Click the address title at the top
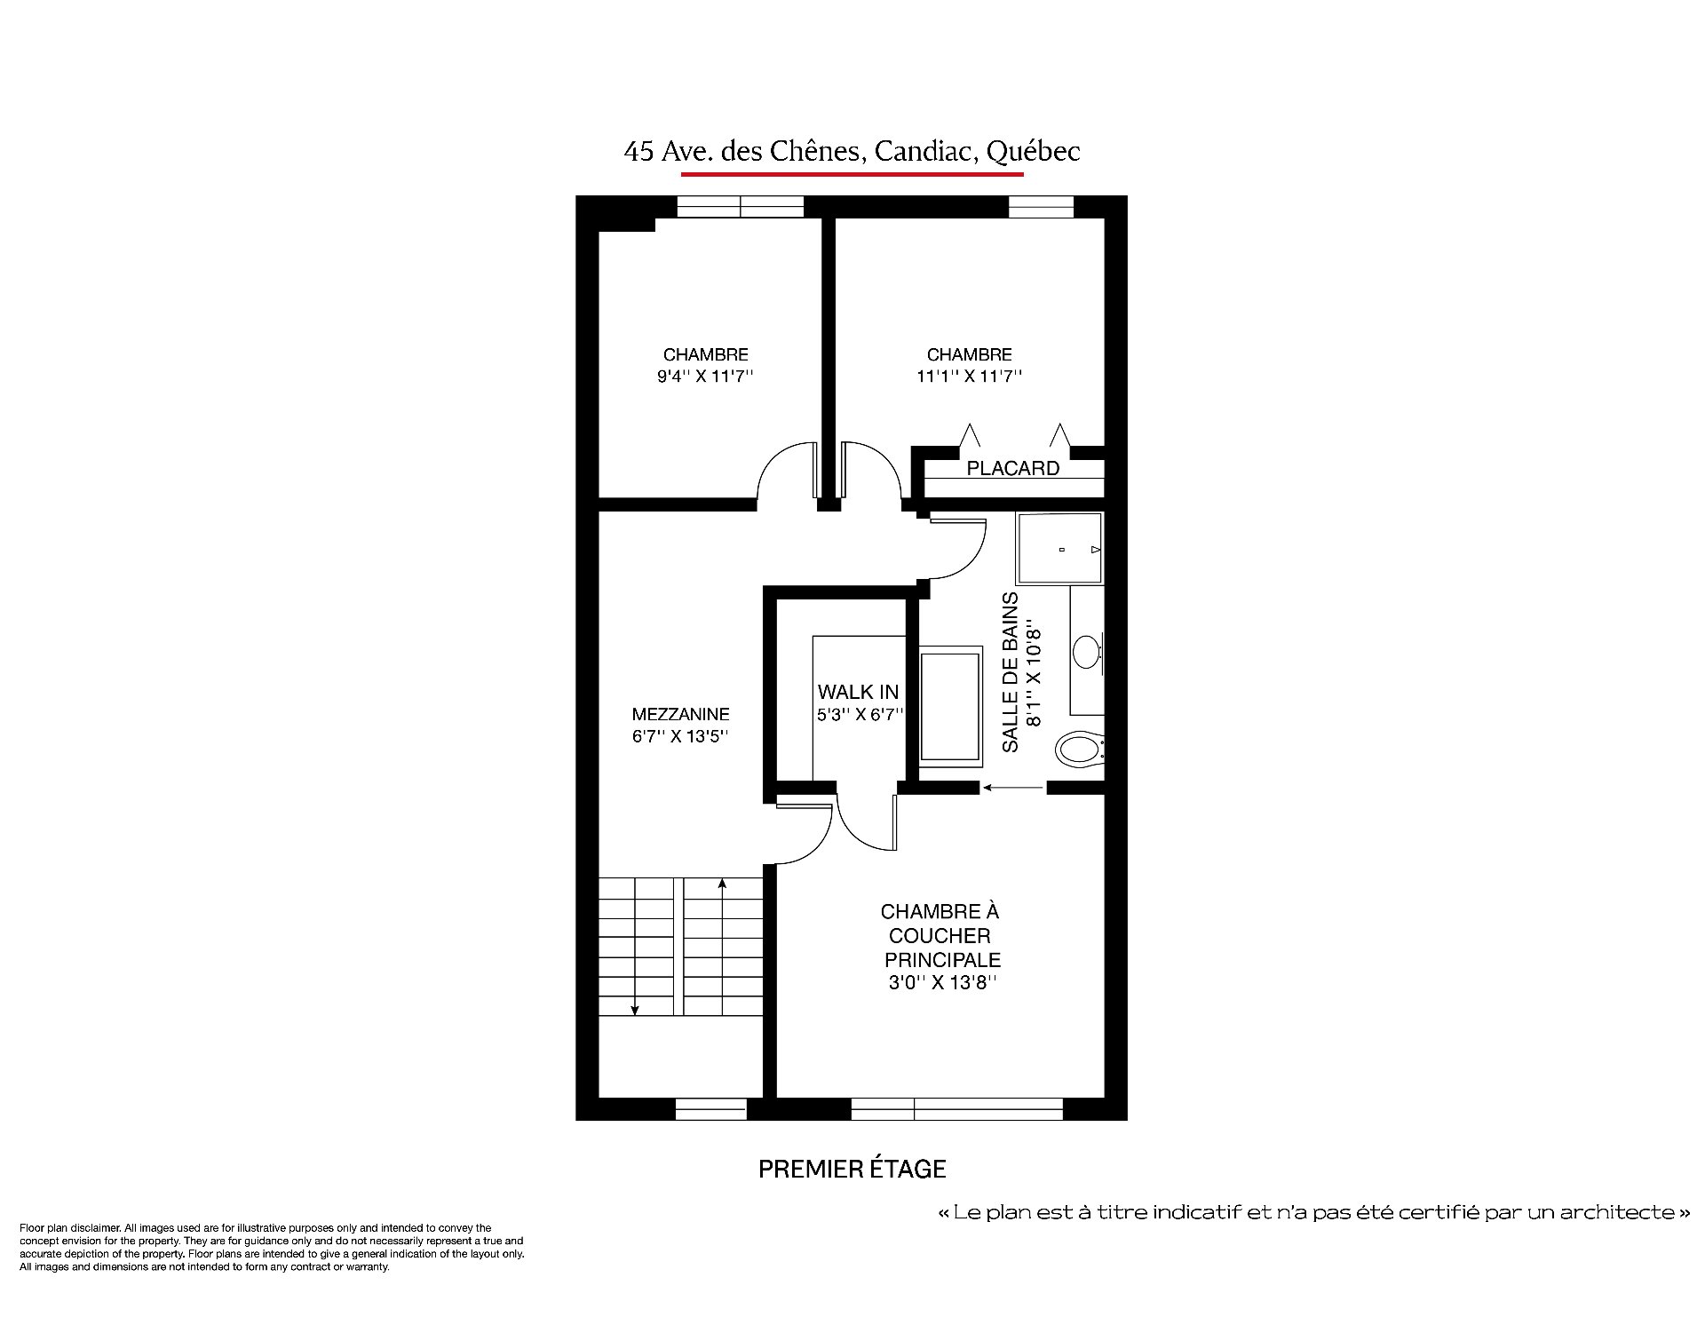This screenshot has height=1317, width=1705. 852,151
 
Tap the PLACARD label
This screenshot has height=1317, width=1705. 1012,468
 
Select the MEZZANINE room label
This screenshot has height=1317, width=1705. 681,714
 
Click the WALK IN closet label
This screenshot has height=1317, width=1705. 858,692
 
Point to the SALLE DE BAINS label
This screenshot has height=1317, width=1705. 1011,672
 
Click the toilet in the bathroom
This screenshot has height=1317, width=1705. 1080,749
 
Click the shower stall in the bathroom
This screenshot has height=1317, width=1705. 1059,548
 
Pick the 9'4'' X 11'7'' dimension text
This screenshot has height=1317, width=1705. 705,376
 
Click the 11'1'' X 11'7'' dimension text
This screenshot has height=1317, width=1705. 969,376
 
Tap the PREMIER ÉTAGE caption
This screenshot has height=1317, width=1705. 852,1169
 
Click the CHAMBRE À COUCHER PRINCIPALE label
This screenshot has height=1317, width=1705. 941,935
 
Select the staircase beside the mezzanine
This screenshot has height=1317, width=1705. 680,947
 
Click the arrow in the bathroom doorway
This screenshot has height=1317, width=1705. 1013,787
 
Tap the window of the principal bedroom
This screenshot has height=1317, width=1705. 957,1108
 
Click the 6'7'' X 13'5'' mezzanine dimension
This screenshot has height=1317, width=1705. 680,736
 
